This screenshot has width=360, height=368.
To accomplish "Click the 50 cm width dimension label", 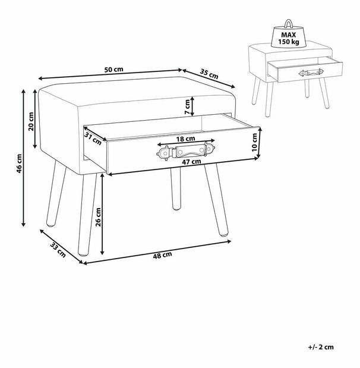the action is [x=113, y=70].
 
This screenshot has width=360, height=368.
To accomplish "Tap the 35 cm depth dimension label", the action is [x=209, y=74].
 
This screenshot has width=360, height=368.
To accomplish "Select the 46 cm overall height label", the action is [x=19, y=163].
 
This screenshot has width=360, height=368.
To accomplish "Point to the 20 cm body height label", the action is [x=31, y=121].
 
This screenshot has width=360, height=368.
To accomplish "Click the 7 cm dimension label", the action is [x=187, y=107].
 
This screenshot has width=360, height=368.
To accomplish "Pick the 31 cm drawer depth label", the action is [x=93, y=139].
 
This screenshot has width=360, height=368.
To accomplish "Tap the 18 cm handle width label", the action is [x=185, y=139].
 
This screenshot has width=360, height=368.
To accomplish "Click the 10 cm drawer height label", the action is [x=254, y=143].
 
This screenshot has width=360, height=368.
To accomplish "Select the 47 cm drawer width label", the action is [x=192, y=162].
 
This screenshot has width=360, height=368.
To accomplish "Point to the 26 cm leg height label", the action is [x=98, y=217].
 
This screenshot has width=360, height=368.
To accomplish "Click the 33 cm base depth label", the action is [x=58, y=250].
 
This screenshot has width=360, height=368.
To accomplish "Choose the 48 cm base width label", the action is [x=162, y=255].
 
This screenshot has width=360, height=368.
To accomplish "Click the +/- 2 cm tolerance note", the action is [x=321, y=347].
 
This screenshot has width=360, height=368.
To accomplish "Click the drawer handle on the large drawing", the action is [x=186, y=151].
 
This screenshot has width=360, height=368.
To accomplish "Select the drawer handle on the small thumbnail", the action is [x=311, y=73].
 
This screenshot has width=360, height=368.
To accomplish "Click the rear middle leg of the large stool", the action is [x=176, y=188].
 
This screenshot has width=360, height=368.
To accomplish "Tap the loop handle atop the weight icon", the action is [x=289, y=23].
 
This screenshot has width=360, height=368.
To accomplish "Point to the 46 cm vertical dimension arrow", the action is [x=23, y=158].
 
